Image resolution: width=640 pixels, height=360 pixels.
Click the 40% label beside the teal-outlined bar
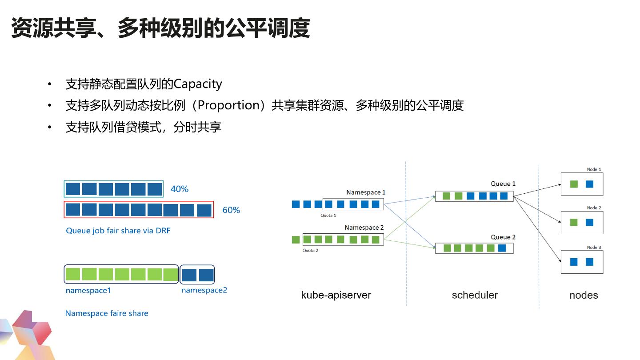(180, 189)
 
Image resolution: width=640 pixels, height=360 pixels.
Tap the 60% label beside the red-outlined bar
(231, 210)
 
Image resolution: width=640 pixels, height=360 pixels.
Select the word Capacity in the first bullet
(198, 84)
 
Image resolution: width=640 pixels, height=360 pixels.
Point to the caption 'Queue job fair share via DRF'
(118, 231)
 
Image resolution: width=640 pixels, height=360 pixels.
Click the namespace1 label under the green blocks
(88, 290)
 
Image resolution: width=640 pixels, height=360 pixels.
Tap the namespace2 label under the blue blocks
(204, 290)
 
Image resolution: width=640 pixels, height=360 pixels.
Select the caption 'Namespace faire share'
(107, 313)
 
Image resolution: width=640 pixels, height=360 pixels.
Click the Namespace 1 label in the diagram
(366, 192)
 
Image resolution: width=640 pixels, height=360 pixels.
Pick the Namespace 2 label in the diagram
(364, 228)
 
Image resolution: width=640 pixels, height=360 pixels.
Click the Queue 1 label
(503, 184)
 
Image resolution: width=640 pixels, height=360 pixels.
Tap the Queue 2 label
(503, 237)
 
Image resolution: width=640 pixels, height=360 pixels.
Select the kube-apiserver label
(336, 295)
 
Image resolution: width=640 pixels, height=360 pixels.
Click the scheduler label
(475, 295)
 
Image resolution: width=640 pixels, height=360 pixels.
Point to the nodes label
(584, 295)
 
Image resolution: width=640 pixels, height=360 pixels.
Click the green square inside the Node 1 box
(574, 184)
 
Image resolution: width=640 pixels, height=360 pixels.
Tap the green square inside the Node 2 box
(574, 222)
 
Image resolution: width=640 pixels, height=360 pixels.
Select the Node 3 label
(594, 247)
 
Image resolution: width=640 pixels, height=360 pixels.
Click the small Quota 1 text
(328, 215)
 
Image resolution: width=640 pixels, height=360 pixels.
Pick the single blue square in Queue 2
(502, 248)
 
